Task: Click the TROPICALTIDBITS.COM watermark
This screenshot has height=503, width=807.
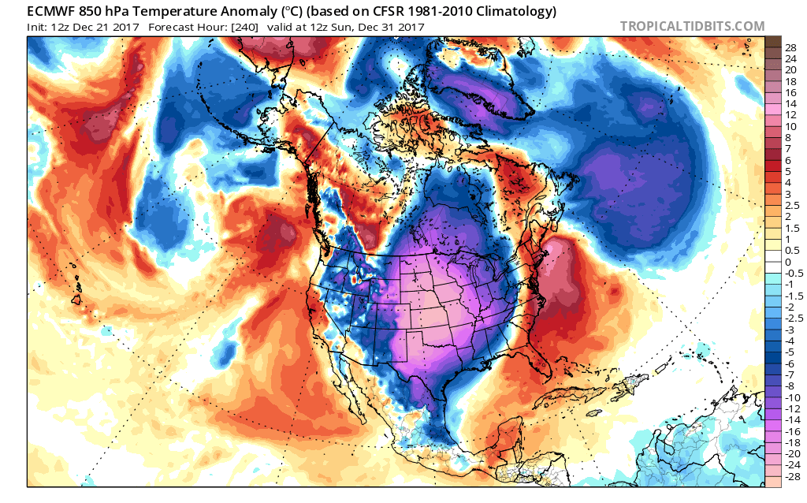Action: click(x=692, y=27)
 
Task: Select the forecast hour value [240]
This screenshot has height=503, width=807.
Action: click(x=243, y=27)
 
